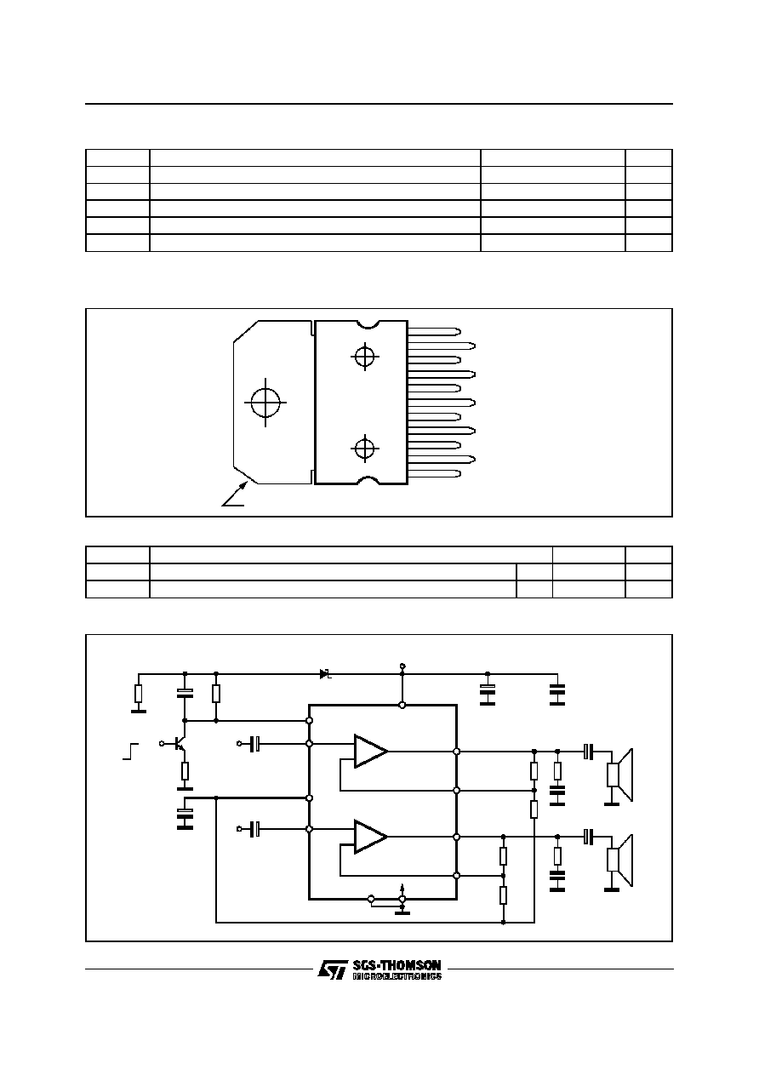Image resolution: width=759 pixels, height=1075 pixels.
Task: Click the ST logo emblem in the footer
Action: click(x=332, y=970)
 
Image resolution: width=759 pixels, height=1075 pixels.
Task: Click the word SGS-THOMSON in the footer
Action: click(x=397, y=965)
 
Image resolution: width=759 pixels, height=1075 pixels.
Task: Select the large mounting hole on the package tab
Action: click(x=265, y=402)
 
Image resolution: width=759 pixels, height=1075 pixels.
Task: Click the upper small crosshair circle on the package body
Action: click(x=365, y=357)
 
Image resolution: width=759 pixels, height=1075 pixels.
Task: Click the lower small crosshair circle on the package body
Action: click(x=365, y=449)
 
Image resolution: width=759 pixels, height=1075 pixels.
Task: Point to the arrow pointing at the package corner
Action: click(x=235, y=495)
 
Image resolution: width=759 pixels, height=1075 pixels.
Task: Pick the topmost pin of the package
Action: click(x=434, y=331)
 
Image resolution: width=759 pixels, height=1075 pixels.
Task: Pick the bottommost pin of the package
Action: click(x=434, y=474)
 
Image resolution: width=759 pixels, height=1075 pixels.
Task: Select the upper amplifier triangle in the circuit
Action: click(x=370, y=751)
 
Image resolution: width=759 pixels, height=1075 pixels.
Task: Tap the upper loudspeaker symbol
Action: click(x=619, y=775)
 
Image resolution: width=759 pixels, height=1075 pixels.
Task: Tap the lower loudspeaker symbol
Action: click(x=619, y=861)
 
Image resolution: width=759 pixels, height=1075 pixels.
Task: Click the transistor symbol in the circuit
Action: click(x=179, y=744)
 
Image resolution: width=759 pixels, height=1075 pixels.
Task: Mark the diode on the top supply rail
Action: click(x=325, y=674)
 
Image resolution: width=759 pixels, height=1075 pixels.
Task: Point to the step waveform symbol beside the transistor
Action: click(x=130, y=752)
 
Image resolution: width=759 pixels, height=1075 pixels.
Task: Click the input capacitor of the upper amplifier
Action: click(x=255, y=744)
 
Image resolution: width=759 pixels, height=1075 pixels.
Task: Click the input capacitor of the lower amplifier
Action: click(x=255, y=829)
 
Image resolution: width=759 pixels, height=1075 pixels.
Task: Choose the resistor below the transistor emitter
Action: click(x=185, y=772)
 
